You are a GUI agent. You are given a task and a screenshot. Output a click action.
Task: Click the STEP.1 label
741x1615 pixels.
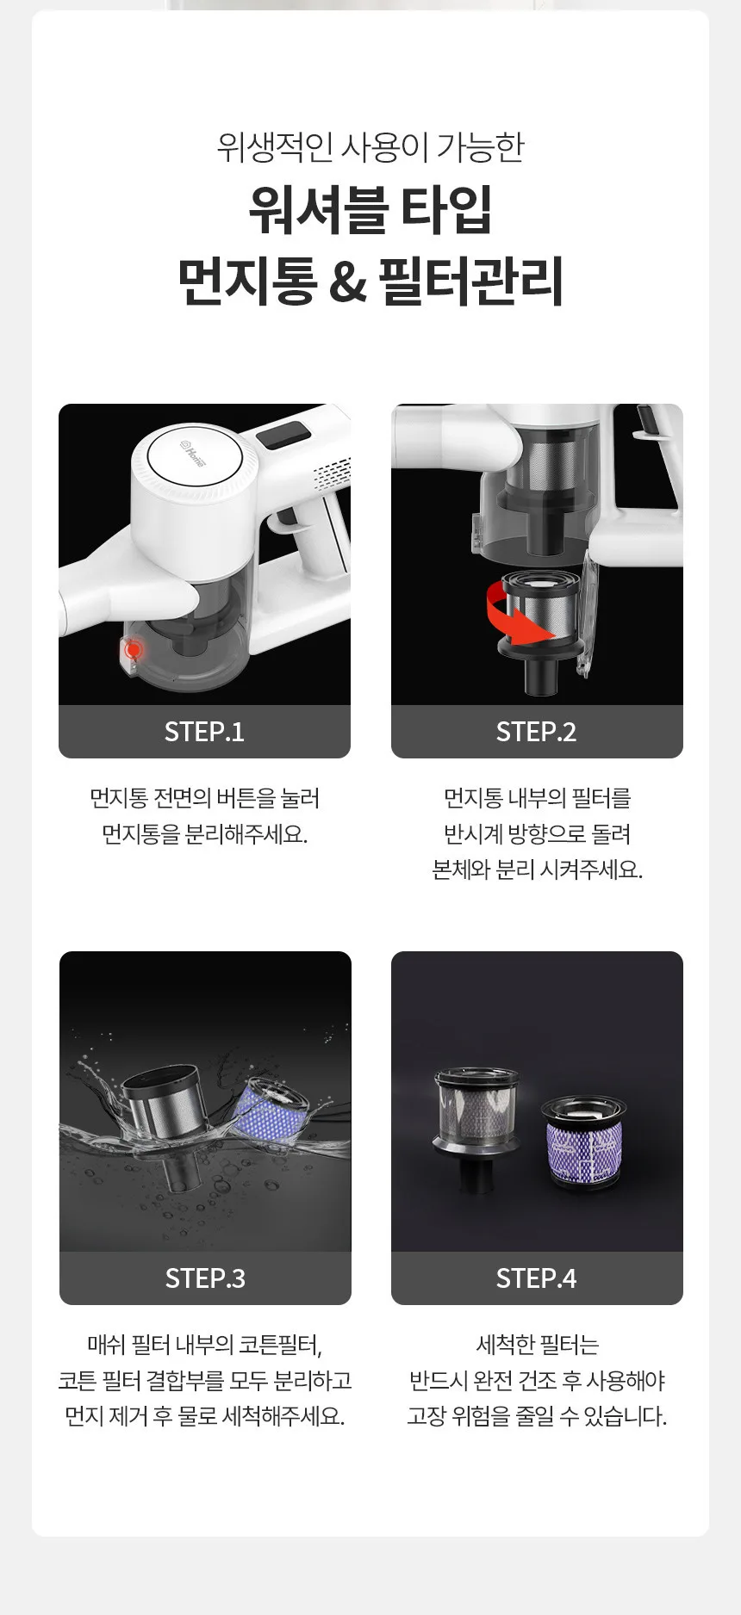point(204,732)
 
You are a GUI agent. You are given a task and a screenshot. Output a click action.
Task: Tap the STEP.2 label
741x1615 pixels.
point(536,732)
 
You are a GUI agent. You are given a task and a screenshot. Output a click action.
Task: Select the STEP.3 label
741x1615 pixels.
point(205,1278)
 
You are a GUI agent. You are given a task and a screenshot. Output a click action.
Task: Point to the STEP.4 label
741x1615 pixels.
point(536,1278)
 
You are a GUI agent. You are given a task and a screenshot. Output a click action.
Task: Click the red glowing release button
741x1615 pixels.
point(132,650)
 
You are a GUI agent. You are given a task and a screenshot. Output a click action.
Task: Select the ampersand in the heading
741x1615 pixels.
point(347,282)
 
